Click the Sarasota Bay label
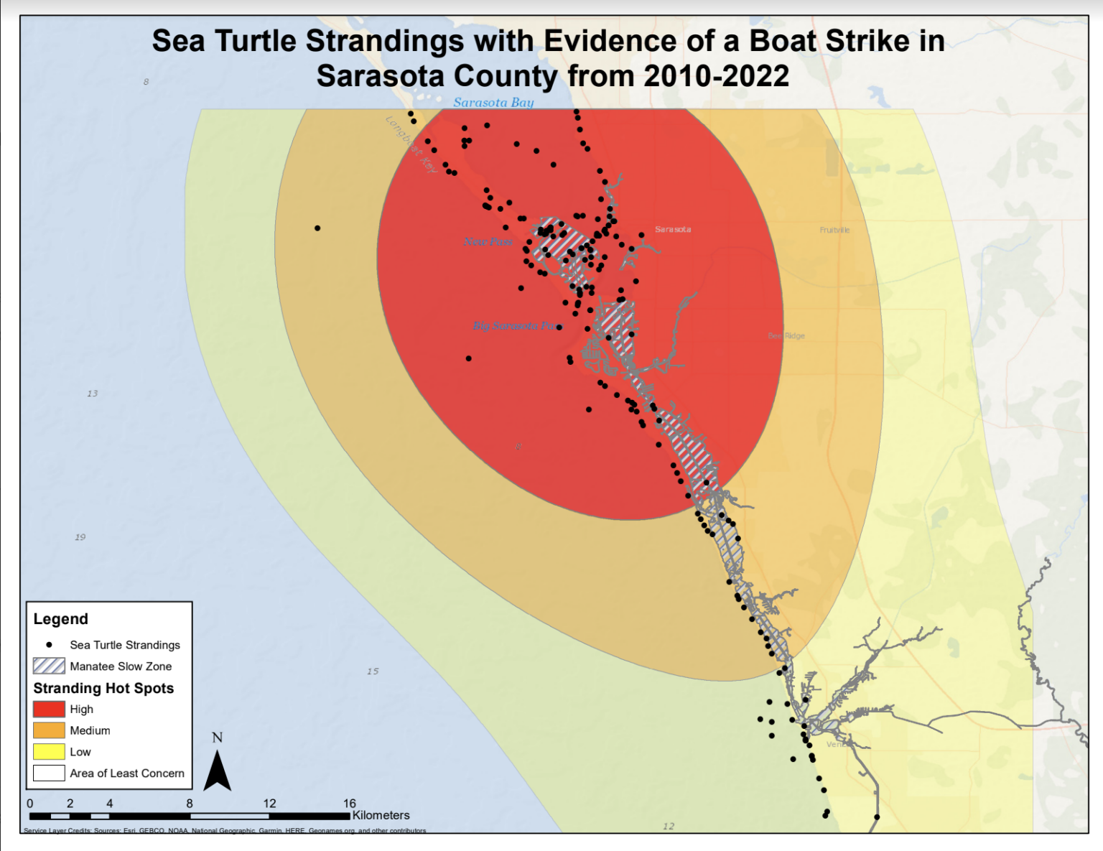coord(493,103)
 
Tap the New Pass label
coord(488,242)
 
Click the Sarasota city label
coord(673,230)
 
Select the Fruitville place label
coord(834,230)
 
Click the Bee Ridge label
coord(786,336)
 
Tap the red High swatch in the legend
coord(49,710)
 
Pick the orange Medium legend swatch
coord(49,730)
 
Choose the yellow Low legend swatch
coord(49,752)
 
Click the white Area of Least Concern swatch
coord(49,773)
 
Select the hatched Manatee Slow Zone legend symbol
coord(49,666)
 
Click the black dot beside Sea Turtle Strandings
coord(49,645)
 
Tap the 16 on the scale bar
coord(350,804)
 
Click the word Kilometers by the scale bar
coord(381,816)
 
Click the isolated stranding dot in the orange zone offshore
coord(317,228)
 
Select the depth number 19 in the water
coord(80,537)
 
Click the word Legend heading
coord(61,619)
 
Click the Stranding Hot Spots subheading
coord(103,688)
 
